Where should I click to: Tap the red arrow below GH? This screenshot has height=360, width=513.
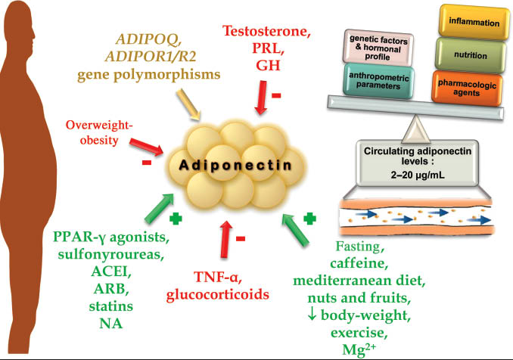tap(260, 98)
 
